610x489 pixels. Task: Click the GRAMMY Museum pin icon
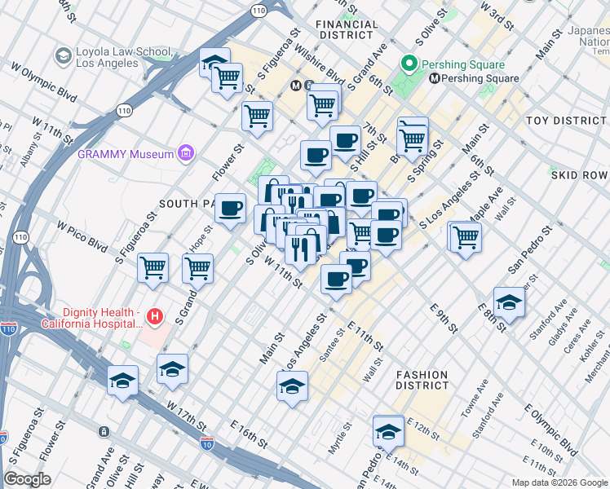tap(186, 153)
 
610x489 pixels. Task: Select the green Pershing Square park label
tap(462, 64)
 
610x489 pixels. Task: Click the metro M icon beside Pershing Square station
tap(435, 79)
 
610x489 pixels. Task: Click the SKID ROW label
tap(580, 175)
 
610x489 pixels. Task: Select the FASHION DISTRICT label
tap(422, 380)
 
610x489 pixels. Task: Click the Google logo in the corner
tap(27, 478)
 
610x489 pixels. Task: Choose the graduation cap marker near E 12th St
tap(388, 430)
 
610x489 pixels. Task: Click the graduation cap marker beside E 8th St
tap(509, 301)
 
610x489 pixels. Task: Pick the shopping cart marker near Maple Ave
tap(466, 237)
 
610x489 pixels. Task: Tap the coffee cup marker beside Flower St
tap(231, 208)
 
